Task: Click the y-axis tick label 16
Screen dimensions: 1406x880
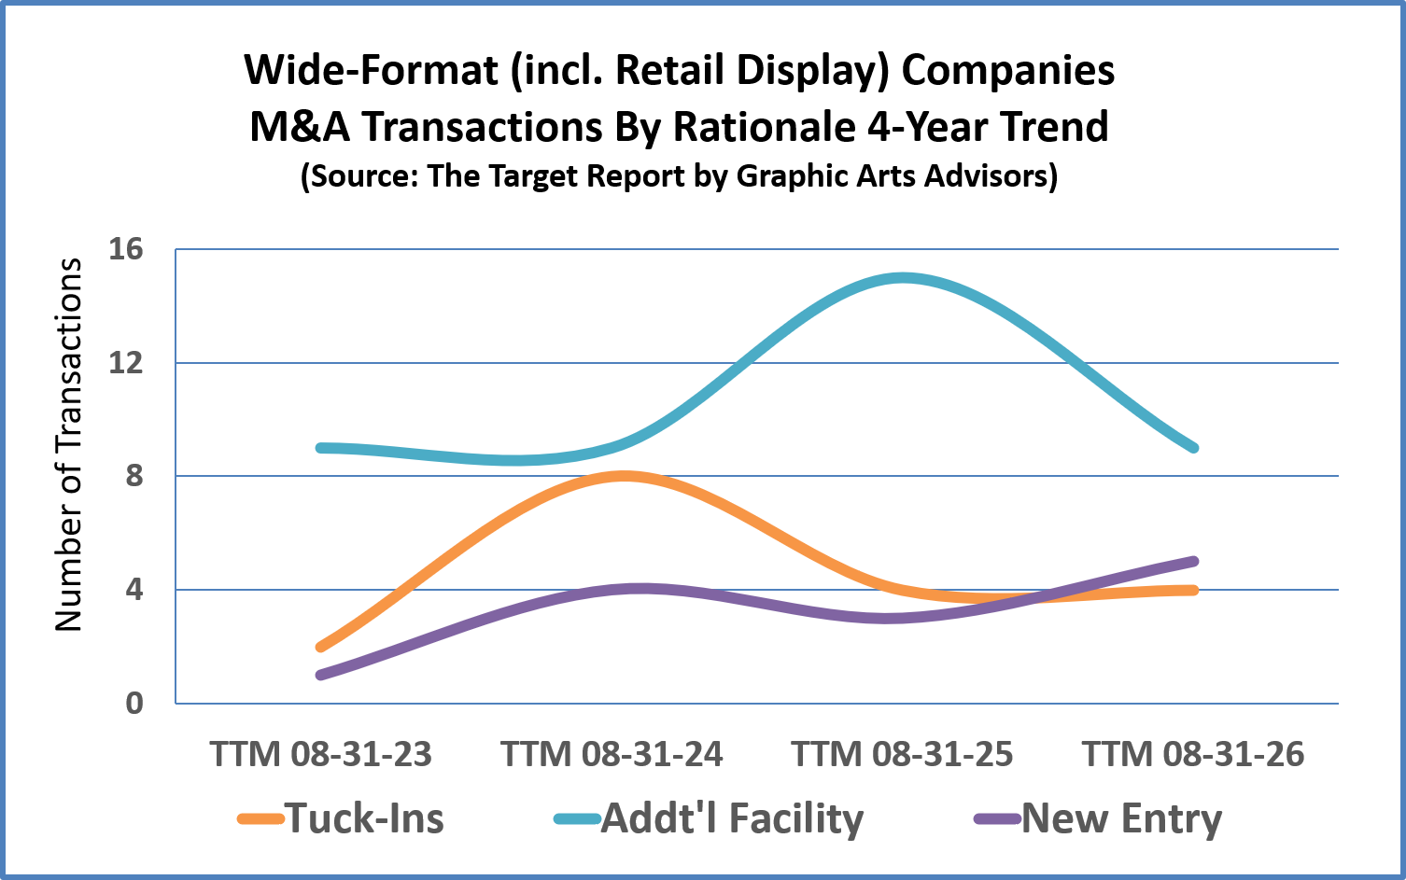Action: click(x=125, y=250)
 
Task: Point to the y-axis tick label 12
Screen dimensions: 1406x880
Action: click(x=125, y=363)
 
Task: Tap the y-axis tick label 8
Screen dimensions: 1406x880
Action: click(x=134, y=477)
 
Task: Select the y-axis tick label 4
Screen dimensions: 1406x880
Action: click(x=134, y=590)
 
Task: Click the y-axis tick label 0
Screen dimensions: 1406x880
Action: click(x=134, y=704)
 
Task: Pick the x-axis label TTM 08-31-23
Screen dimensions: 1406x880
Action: click(x=321, y=754)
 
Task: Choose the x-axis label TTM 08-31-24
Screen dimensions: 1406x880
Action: click(x=612, y=754)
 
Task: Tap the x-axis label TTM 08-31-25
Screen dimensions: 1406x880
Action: click(x=903, y=754)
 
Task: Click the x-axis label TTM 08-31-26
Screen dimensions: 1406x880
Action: click(x=1194, y=754)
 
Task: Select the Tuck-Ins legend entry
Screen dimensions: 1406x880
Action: click(x=341, y=818)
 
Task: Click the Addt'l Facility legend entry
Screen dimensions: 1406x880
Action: click(x=710, y=818)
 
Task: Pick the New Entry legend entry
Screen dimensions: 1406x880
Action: click(x=1098, y=818)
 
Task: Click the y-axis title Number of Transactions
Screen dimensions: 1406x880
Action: click(x=68, y=444)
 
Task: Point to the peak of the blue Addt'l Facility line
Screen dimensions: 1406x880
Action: click(x=903, y=278)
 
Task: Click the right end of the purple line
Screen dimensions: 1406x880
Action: click(x=1194, y=562)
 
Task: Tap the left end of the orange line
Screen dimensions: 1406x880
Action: click(x=321, y=647)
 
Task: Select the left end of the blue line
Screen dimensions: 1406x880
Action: click(x=321, y=448)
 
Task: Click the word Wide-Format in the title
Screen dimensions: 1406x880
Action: click(x=372, y=70)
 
